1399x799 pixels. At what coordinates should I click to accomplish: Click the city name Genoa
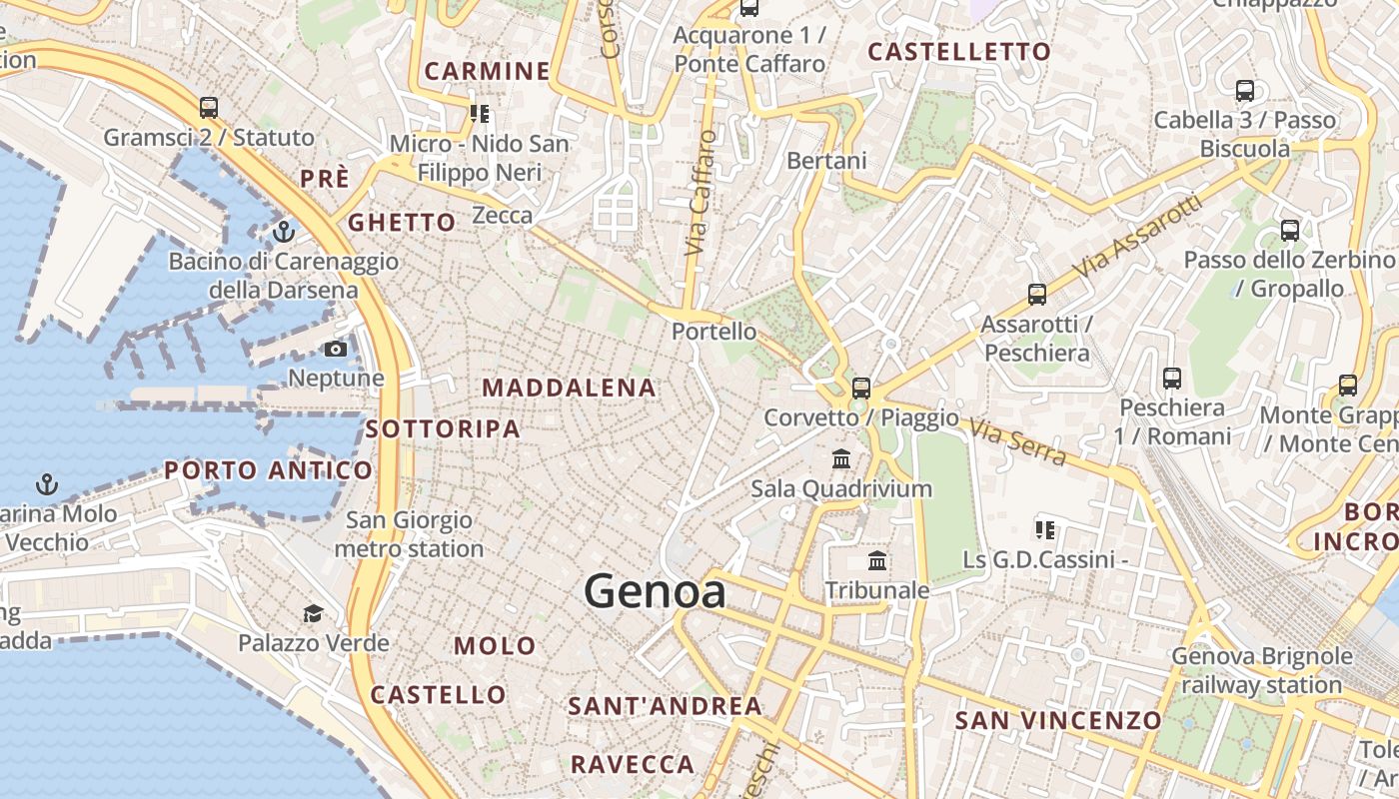click(655, 592)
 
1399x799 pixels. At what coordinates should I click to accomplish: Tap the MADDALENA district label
click(570, 388)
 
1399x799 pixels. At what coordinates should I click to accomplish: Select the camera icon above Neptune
click(336, 349)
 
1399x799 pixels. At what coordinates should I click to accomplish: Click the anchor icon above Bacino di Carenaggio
click(284, 232)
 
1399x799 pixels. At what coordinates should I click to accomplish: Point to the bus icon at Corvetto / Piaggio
click(861, 388)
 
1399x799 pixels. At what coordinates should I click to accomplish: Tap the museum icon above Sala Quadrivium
click(841, 459)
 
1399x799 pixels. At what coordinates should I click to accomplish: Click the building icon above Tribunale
click(877, 561)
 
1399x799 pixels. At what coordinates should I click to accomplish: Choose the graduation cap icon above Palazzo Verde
click(314, 613)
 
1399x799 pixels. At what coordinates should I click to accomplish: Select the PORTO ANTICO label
click(268, 469)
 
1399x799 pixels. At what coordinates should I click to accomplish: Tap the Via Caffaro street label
click(701, 192)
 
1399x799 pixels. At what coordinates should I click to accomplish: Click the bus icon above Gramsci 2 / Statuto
click(209, 108)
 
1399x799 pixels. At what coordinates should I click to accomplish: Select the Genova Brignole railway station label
click(1262, 671)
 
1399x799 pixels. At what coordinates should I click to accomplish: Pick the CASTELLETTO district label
click(959, 52)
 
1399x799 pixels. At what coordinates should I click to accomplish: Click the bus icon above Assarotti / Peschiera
click(1037, 295)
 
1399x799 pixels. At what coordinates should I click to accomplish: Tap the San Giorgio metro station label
click(409, 534)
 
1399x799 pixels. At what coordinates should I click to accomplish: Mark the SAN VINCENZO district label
click(1058, 720)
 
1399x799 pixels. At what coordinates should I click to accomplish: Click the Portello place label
click(714, 331)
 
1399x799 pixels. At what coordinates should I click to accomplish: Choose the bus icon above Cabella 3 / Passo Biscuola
click(1245, 91)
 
